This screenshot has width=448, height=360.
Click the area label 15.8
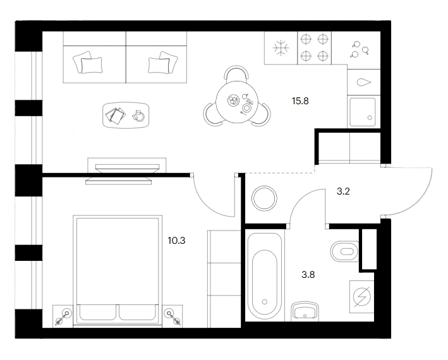click(300, 101)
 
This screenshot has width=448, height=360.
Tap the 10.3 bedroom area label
click(176, 241)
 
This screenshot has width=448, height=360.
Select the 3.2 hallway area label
click(343, 191)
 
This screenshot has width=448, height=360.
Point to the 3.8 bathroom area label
click(308, 275)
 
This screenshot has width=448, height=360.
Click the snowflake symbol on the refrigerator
click(281, 47)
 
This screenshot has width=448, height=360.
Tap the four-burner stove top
click(314, 47)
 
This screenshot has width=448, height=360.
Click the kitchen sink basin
click(363, 112)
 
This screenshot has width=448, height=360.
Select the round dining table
click(237, 102)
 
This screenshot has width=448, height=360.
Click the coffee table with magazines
click(126, 115)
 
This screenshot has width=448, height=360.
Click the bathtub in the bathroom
click(265, 276)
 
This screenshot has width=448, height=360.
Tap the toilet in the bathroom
click(344, 251)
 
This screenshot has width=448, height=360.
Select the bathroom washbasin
click(305, 311)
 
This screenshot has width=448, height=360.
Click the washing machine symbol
click(361, 297)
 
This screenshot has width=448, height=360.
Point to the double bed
click(118, 270)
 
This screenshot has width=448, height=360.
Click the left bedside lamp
click(63, 317)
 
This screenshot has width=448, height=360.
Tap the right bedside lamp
click(173, 317)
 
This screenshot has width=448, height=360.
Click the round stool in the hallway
click(264, 198)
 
